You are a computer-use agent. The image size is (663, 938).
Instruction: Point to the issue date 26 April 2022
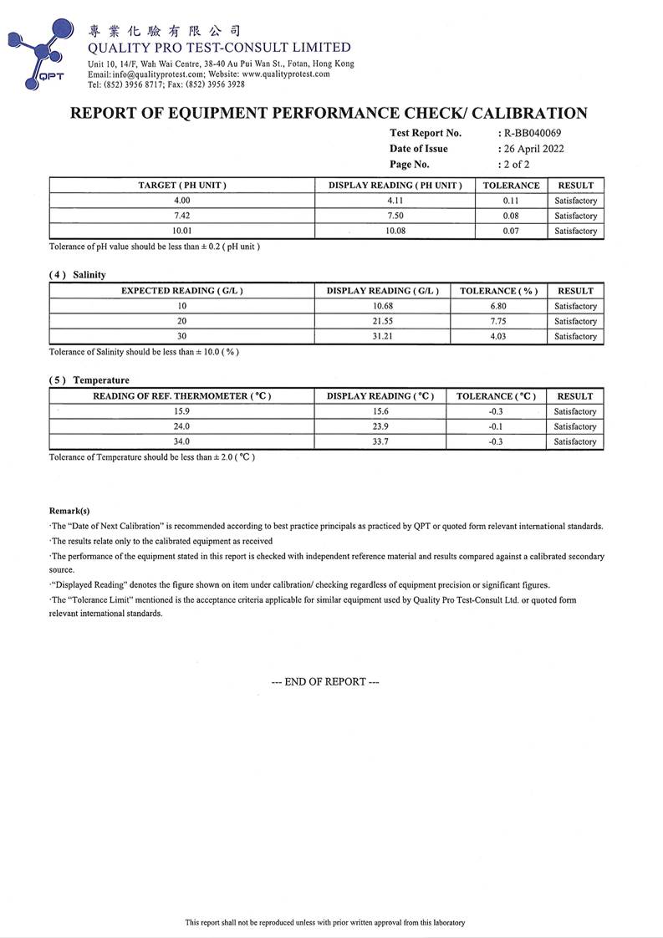533,149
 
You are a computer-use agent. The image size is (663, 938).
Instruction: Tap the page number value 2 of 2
516,165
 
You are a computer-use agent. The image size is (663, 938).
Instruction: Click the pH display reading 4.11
395,201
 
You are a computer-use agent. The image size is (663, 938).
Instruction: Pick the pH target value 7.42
182,216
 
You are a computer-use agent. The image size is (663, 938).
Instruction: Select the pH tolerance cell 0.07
511,231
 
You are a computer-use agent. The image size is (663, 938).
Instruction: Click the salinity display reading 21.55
381,321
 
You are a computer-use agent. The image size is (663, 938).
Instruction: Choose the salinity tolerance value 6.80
498,306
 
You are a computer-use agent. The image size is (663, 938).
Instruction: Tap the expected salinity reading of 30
182,336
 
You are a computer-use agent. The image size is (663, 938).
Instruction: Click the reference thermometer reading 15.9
182,411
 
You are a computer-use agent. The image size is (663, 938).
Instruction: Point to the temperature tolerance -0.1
496,426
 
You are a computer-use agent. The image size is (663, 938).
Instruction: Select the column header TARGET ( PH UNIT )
182,185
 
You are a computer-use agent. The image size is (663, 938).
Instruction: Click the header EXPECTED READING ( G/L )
182,291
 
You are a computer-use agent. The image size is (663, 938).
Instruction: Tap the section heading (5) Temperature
89,380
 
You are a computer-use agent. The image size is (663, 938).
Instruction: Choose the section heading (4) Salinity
78,275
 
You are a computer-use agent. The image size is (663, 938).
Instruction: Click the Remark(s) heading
69,510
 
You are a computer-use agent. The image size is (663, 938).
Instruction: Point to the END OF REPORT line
325,681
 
